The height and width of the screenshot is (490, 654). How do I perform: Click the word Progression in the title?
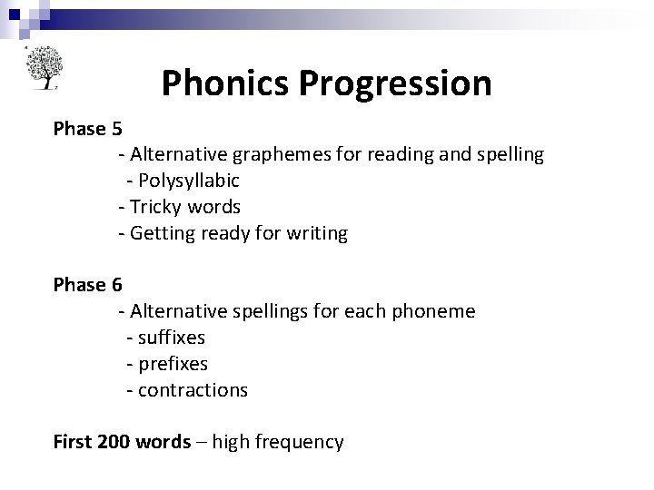(395, 83)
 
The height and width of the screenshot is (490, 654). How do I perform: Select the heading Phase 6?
(87, 285)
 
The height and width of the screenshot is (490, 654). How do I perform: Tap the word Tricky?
(158, 207)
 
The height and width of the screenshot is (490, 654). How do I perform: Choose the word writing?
(316, 233)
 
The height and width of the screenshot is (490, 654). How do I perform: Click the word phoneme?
(434, 311)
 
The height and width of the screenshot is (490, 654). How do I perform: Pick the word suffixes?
(171, 338)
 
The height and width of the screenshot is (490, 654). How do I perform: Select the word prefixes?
(173, 364)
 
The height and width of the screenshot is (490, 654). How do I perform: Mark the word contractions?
(193, 390)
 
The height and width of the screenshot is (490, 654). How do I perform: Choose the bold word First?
(72, 443)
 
